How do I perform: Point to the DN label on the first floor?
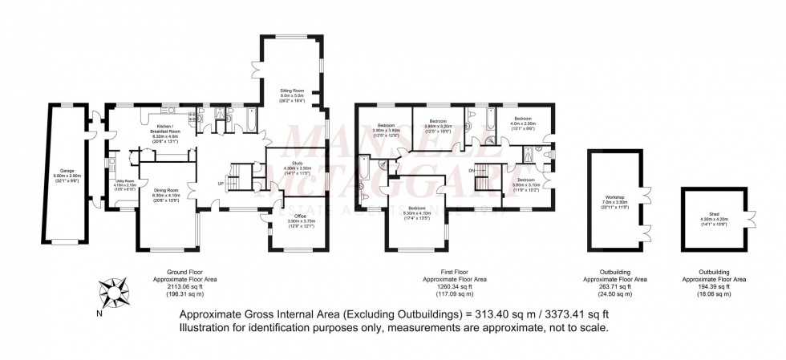471,170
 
